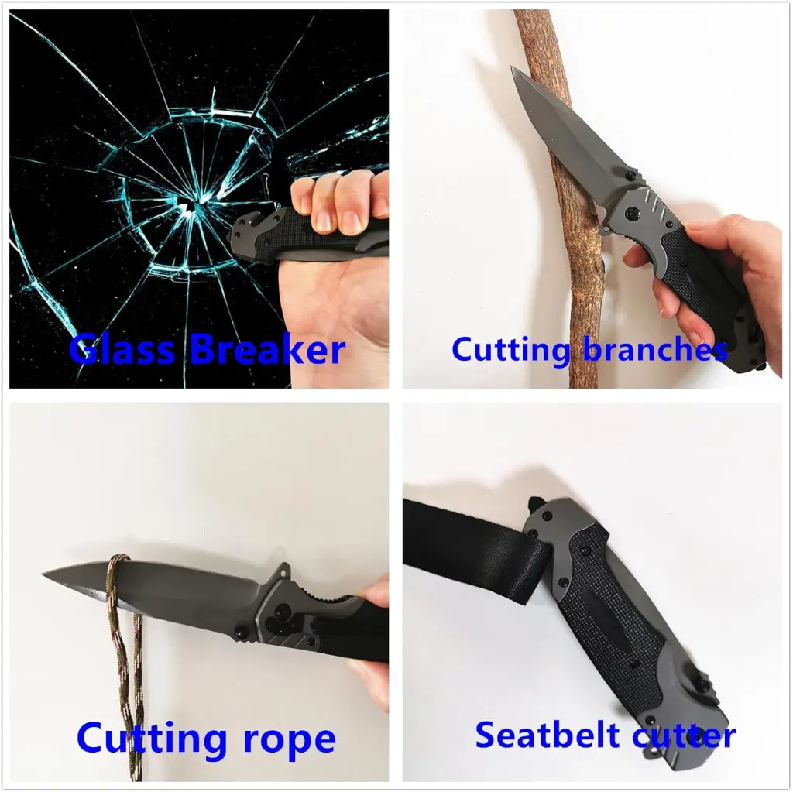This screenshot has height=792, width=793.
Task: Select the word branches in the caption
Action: pyautogui.click(x=654, y=349)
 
